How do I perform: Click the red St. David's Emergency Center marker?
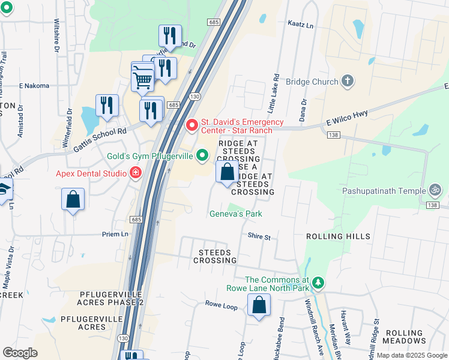(192, 125)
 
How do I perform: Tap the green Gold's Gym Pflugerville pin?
(203, 156)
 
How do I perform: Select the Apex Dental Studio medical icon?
(136, 173)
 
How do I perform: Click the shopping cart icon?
(142, 77)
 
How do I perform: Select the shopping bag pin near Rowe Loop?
(259, 307)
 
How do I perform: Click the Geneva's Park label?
(235, 214)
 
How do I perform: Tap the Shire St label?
(259, 237)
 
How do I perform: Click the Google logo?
(20, 353)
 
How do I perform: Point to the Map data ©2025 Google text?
(411, 355)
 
